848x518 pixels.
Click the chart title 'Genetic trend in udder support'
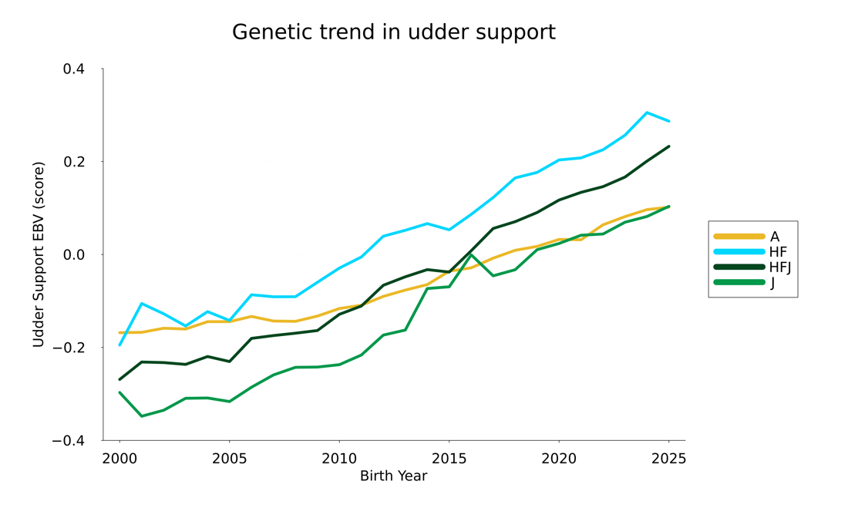393,32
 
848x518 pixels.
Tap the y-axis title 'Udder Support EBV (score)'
39,254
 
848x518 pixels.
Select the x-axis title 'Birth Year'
393,476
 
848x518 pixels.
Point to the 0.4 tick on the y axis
74,69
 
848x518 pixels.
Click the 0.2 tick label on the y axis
74,162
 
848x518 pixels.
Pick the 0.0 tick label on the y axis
74,254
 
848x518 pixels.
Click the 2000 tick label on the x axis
119,459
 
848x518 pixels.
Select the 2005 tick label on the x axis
229,459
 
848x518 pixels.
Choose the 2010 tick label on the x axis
339,459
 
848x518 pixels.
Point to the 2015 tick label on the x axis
449,459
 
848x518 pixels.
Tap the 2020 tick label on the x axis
559,459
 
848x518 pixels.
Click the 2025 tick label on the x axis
668,459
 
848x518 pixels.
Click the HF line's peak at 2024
647,113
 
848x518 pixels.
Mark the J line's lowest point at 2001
141,416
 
